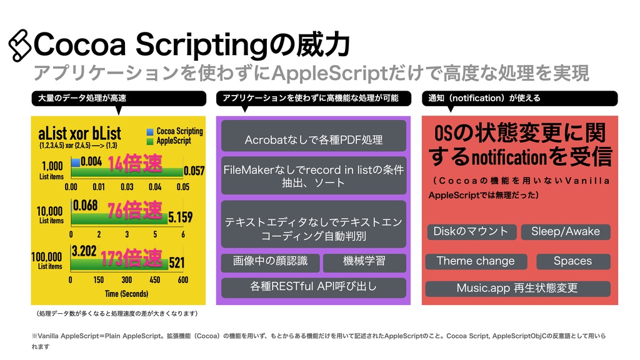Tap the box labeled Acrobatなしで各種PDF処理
tap(314, 138)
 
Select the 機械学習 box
tap(364, 262)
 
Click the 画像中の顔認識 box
tap(270, 262)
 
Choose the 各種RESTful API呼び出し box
tap(314, 287)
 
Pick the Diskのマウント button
tap(471, 232)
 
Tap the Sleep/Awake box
tap(565, 232)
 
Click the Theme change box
tap(476, 261)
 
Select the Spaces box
tap(572, 261)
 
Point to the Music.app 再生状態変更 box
tap(517, 288)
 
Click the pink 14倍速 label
tap(134, 164)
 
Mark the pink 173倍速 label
tap(132, 257)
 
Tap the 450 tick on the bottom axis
tap(155, 280)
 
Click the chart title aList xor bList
tap(79, 134)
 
